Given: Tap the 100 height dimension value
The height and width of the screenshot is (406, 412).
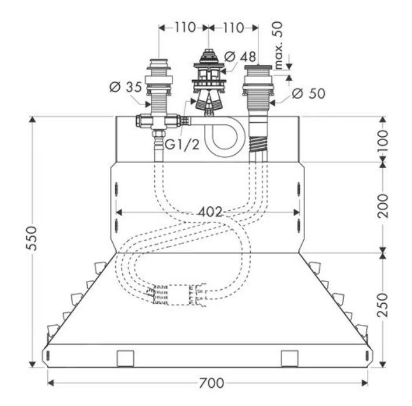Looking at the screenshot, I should click(383, 139).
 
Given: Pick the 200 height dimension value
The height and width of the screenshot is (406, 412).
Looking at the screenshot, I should click(383, 207).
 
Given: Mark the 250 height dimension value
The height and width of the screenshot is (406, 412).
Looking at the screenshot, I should click(383, 304).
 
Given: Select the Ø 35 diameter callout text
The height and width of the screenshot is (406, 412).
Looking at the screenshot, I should click(124, 88).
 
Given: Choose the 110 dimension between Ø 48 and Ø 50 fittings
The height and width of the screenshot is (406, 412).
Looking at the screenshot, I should click(233, 27).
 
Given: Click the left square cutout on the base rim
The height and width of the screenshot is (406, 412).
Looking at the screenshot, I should click(126, 358).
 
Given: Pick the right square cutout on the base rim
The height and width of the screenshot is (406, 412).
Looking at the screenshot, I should click(289, 358).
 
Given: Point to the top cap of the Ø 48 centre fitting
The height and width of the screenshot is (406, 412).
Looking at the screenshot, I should click(209, 53).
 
